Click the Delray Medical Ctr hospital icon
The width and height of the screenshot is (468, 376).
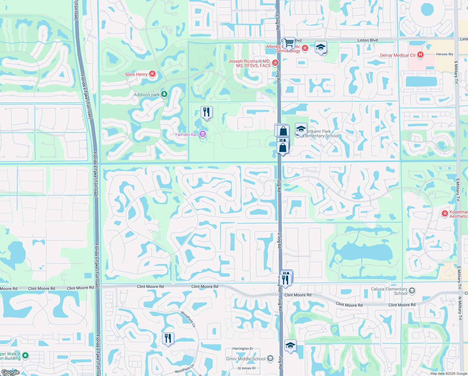[x=420, y=55]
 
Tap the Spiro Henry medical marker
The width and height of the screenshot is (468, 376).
[x=152, y=74]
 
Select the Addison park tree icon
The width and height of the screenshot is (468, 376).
[x=164, y=94]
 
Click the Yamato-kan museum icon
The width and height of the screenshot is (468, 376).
[x=203, y=134]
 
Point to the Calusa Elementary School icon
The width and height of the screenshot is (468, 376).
[x=412, y=291]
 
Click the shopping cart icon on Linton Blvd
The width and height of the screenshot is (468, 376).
[x=289, y=42]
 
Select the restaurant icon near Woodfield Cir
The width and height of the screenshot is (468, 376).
[x=168, y=338]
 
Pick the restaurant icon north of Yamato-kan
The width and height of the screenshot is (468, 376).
[x=206, y=112]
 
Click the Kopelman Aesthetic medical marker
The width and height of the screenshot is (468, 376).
[x=445, y=214]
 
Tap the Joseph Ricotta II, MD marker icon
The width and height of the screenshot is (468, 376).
[x=275, y=63]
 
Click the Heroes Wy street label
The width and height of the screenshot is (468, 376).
[x=445, y=54]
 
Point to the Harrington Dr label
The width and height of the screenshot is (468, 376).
[x=243, y=348]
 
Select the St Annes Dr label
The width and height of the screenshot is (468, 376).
[x=247, y=368]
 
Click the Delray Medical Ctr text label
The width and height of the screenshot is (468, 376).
[x=398, y=55]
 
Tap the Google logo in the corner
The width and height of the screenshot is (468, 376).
[x=10, y=372]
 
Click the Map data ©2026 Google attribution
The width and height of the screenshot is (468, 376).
[x=449, y=373]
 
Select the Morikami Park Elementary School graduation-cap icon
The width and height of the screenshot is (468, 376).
[x=301, y=129]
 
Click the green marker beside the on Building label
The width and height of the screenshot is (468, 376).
[x=26, y=355]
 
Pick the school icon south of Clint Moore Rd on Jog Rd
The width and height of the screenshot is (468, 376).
[x=290, y=345]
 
